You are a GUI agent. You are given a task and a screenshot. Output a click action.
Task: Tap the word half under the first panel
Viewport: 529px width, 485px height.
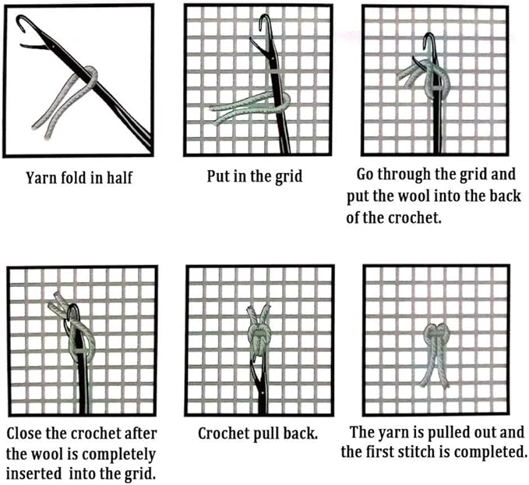coord(119,178)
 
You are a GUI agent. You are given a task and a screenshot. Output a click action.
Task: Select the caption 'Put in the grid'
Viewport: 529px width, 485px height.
coord(255,176)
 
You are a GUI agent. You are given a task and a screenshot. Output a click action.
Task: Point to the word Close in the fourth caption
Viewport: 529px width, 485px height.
coord(24,434)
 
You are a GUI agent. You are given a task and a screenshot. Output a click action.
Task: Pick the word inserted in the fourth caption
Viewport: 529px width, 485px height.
coord(34,473)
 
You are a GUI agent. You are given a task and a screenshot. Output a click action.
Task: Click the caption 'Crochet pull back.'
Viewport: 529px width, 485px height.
coord(258,434)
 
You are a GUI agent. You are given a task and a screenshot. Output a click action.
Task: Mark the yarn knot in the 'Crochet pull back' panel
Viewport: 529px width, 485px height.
coord(259,337)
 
